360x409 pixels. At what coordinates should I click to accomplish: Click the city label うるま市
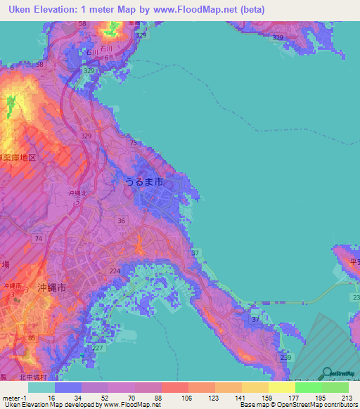(143, 182)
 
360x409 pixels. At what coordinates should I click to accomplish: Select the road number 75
(133, 143)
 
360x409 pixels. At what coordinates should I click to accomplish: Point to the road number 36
(122, 221)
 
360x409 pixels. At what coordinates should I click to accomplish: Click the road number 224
(115, 271)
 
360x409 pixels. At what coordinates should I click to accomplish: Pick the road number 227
(97, 348)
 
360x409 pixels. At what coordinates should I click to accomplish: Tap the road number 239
(285, 358)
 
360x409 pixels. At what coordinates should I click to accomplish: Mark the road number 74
(39, 240)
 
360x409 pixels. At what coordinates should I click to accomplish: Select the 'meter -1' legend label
(14, 398)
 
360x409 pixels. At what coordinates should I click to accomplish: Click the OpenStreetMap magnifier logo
(328, 372)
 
